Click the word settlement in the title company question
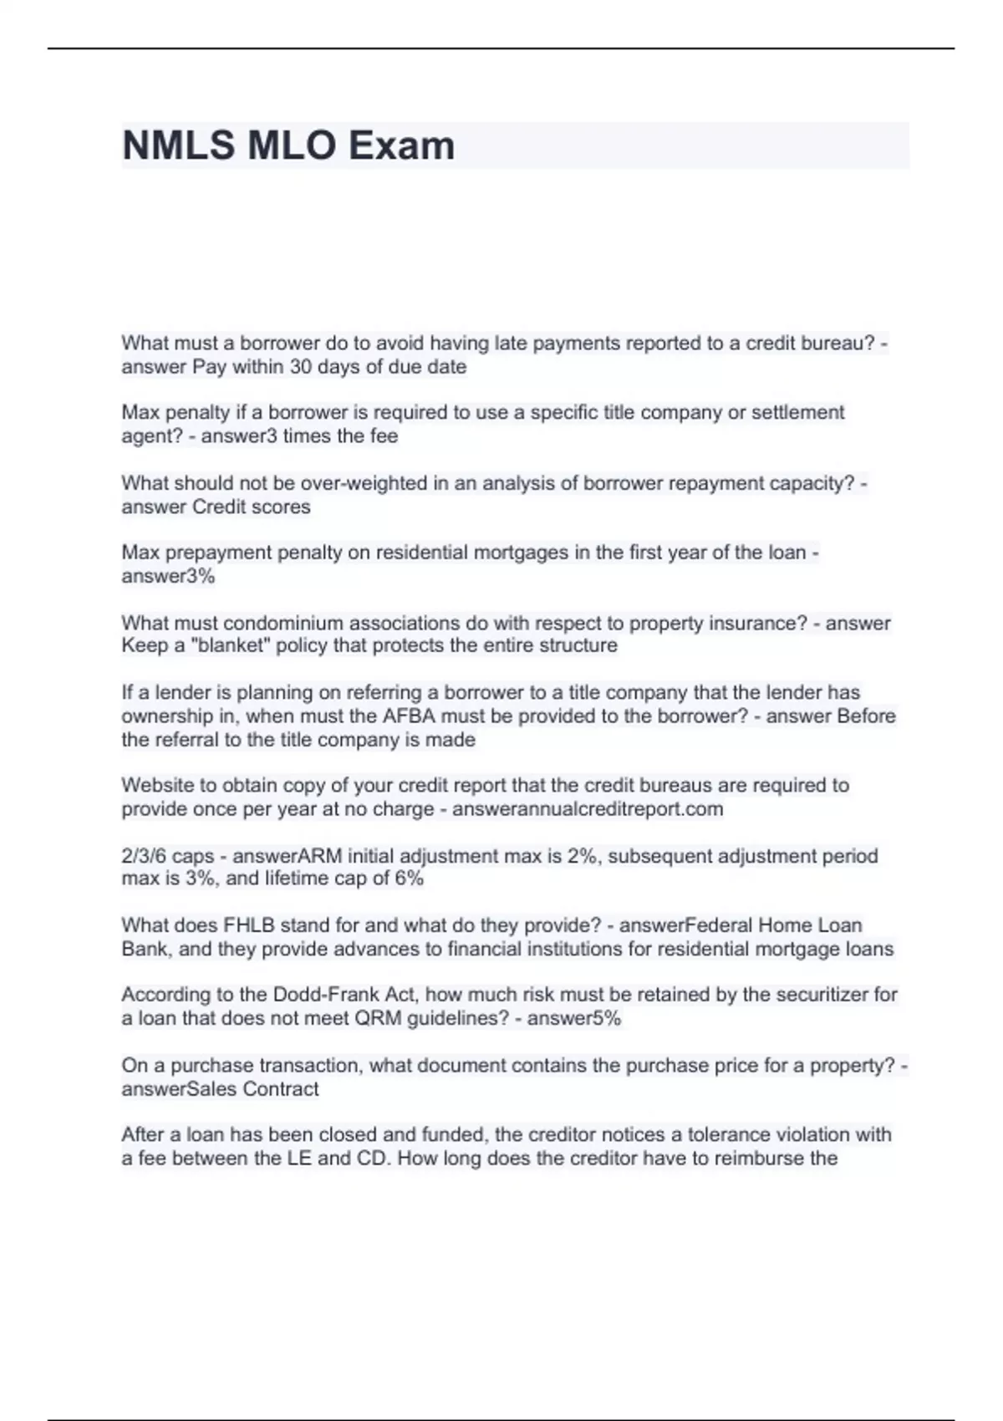pyautogui.click(x=799, y=412)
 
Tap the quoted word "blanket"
pyautogui.click(x=217, y=645)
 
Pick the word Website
pyautogui.click(x=155, y=786)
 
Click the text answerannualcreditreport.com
pyautogui.click(x=588, y=809)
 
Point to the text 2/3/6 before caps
pyautogui.click(x=144, y=856)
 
